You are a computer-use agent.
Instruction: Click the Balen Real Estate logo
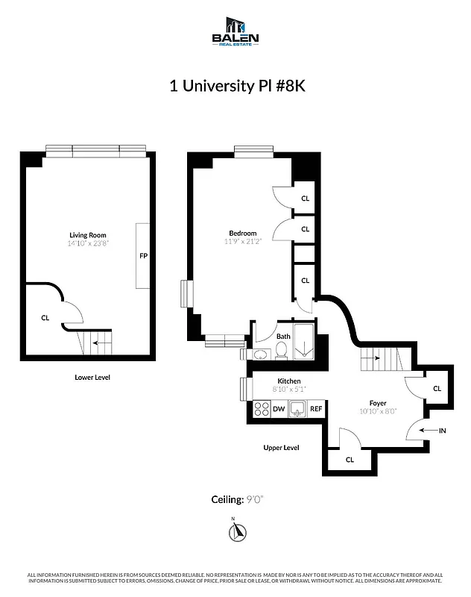pos(235,34)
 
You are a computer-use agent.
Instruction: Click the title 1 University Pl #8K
pos(235,86)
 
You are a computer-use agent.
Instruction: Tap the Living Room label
pos(88,235)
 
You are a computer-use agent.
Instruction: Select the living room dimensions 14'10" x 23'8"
pos(88,243)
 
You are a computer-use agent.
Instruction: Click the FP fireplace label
pos(144,256)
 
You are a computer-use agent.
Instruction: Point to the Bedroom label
pos(243,233)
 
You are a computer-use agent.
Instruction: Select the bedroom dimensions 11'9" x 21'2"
pos(243,241)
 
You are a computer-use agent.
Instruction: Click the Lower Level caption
pos(92,378)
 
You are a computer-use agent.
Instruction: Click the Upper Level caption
pos(281,448)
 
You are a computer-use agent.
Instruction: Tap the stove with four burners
pos(262,408)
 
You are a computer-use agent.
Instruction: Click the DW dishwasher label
pos(279,408)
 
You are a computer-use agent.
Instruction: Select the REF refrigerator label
pos(316,408)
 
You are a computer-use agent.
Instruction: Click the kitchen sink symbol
pos(297,408)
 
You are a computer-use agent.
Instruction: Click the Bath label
pos(283,337)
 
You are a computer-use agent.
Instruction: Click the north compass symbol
pos(237,531)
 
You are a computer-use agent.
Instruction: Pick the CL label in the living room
pos(45,317)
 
